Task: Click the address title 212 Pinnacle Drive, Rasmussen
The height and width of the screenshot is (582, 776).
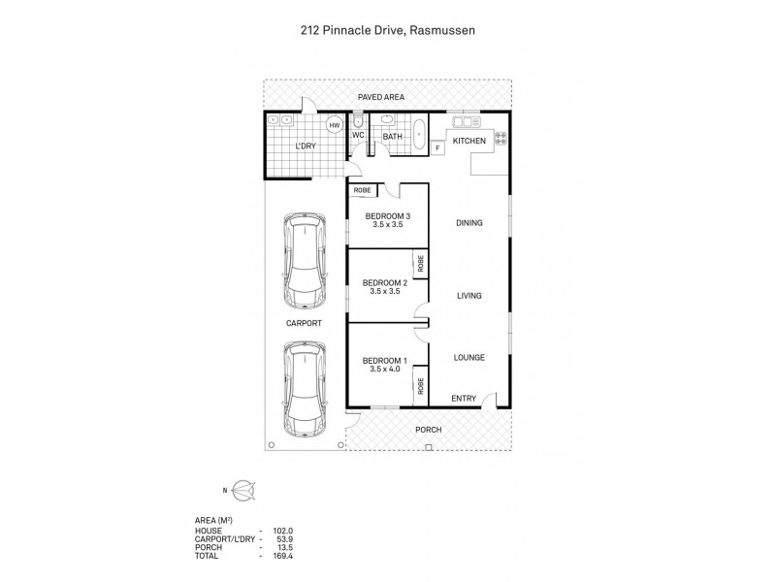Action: [387, 30]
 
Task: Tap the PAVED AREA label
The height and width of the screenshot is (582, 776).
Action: [380, 97]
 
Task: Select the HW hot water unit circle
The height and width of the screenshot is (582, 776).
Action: [335, 126]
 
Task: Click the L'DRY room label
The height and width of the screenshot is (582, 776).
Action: [307, 146]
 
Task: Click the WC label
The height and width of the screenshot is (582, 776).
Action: [357, 137]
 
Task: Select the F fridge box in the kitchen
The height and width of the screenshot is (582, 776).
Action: [437, 147]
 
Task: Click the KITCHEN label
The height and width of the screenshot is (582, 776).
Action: [469, 142]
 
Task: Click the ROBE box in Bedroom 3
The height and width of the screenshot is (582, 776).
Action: [363, 190]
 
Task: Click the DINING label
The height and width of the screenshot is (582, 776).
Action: [469, 223]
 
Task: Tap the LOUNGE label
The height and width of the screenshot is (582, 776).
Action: [469, 358]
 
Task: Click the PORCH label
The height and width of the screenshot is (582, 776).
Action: [428, 429]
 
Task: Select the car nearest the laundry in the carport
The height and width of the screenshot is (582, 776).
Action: [304, 259]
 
